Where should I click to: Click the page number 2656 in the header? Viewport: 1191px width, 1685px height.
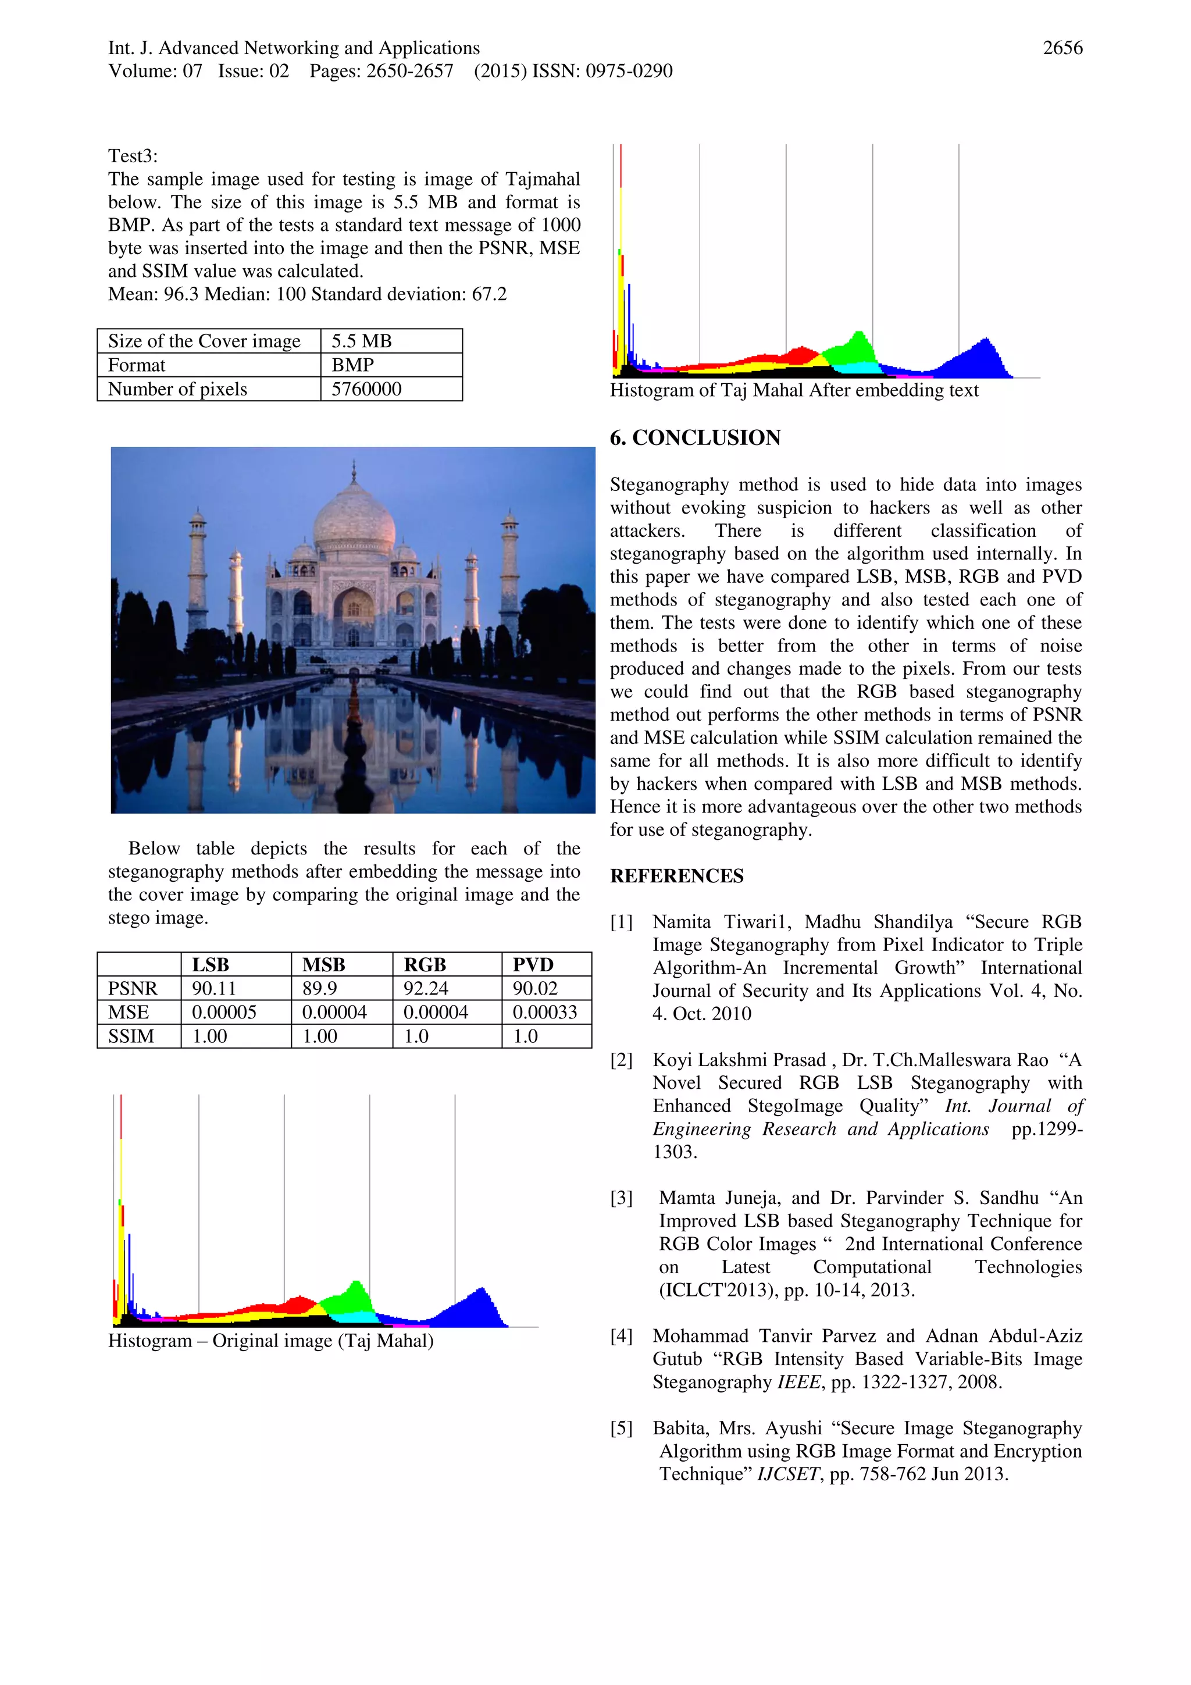[1062, 48]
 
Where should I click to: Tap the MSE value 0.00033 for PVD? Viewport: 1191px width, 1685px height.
[544, 1012]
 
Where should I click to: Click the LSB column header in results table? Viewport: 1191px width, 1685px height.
[211, 964]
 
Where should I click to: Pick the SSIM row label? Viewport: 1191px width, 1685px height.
[131, 1036]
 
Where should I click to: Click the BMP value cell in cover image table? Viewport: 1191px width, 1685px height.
[353, 365]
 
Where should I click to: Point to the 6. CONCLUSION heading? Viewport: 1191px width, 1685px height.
[695, 437]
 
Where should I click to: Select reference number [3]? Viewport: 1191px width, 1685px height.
[622, 1198]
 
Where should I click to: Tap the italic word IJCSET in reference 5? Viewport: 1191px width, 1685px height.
[788, 1474]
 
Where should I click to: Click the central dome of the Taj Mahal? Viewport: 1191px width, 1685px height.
[354, 518]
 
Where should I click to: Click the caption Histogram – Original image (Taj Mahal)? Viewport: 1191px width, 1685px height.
[271, 1341]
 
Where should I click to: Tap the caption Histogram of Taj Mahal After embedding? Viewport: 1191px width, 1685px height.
[794, 390]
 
